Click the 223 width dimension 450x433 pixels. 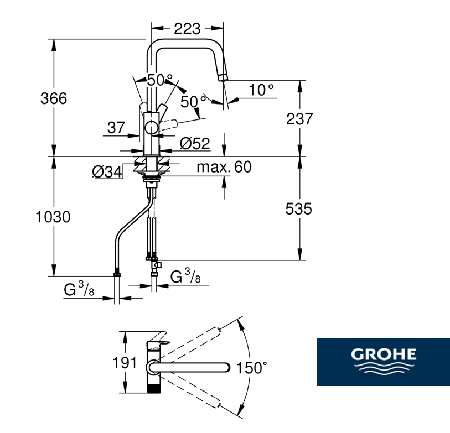coord(187,29)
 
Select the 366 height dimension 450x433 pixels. coord(54,98)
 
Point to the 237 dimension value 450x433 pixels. coord(299,119)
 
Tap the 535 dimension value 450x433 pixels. coord(298,208)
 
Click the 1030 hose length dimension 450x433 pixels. coord(53,217)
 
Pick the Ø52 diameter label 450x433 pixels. coord(195,143)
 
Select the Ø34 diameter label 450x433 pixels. coord(107,172)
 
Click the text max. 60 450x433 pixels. coord(224,166)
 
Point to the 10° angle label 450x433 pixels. coord(261,90)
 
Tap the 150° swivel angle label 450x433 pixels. coord(251,368)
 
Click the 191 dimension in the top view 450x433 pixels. coord(125,363)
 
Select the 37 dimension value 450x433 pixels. coord(116,128)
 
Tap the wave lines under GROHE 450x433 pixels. coord(384,368)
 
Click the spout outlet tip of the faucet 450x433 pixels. coord(223,77)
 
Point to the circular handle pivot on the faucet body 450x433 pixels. coord(151,127)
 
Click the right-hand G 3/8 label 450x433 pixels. coord(185,276)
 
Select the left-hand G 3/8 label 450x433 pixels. coord(79,289)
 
